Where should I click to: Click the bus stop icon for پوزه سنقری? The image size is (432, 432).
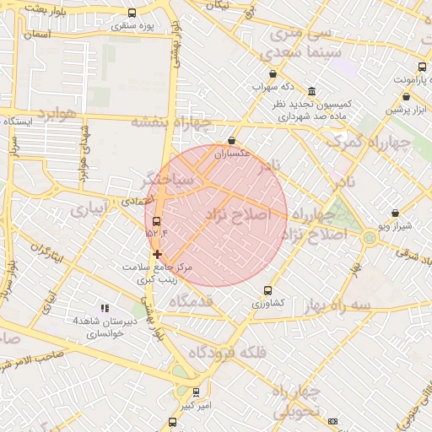tap(131, 13)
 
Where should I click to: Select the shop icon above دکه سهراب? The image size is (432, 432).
tap(273, 74)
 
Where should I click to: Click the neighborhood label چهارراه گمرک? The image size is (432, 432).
tap(370, 143)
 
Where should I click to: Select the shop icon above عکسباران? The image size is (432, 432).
tap(232, 142)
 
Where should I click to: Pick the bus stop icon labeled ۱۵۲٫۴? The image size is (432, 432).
tap(156, 221)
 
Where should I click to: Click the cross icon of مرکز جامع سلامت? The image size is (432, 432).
tap(157, 253)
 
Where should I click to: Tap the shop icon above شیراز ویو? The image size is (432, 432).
tap(396, 214)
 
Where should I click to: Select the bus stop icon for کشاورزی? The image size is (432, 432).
tap(268, 290)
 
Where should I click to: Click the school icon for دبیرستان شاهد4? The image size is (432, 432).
tap(105, 309)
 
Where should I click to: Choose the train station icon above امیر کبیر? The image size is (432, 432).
tap(196, 392)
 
